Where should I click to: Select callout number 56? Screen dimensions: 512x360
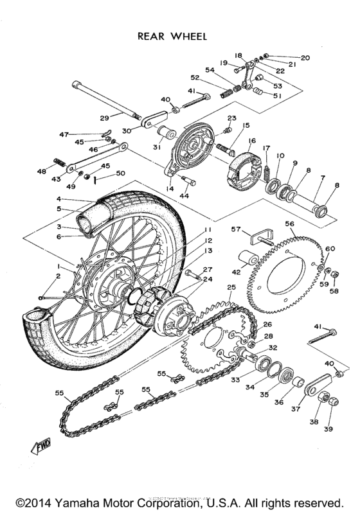[x=290, y=224]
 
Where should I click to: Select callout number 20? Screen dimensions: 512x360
[x=305, y=58]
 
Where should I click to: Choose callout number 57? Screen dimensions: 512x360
[x=235, y=229]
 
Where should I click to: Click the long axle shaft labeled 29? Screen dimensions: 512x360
[x=106, y=101]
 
